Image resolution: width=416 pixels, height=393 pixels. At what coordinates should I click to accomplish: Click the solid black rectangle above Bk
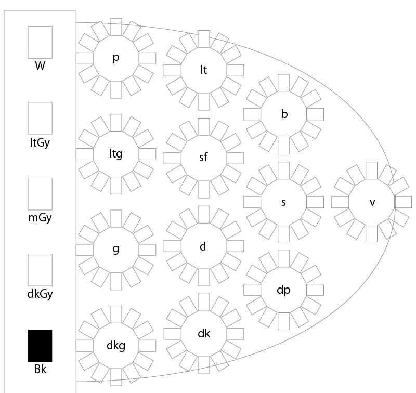tap(40, 346)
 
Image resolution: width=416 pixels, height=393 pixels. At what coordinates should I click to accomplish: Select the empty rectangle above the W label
tap(40, 42)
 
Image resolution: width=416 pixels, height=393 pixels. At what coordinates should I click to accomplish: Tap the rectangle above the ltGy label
tap(40, 118)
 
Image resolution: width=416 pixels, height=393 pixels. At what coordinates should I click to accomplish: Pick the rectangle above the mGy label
tap(40, 194)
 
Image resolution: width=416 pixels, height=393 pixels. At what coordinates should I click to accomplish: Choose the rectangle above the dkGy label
tap(40, 270)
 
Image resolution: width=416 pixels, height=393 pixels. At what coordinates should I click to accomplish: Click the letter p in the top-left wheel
tap(116, 58)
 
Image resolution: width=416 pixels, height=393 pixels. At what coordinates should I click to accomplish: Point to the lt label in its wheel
tap(204, 70)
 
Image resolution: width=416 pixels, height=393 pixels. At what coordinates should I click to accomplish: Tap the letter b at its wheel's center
tap(284, 114)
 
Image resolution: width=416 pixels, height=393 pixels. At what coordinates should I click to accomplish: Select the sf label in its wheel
tap(203, 156)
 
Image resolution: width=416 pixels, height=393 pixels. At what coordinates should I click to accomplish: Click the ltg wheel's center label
tap(116, 154)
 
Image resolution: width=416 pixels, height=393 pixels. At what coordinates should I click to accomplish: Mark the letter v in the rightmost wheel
tap(372, 203)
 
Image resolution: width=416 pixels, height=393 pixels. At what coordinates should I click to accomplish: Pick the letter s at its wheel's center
tap(283, 203)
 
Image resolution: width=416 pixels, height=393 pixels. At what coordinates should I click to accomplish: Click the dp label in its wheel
tap(283, 290)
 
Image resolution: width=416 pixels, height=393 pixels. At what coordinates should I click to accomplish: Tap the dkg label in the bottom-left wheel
tap(116, 346)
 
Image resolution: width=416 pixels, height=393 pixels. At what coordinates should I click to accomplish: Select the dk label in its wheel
tap(204, 333)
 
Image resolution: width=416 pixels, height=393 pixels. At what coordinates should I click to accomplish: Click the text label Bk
tap(41, 370)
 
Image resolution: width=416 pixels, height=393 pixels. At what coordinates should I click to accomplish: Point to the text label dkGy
tap(40, 294)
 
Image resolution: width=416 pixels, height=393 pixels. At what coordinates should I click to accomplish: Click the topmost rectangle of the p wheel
tap(116, 27)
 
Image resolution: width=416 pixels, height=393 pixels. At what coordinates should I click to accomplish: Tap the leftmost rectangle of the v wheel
tap(340, 202)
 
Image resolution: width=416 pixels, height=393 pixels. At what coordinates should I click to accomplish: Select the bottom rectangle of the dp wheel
tap(283, 321)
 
